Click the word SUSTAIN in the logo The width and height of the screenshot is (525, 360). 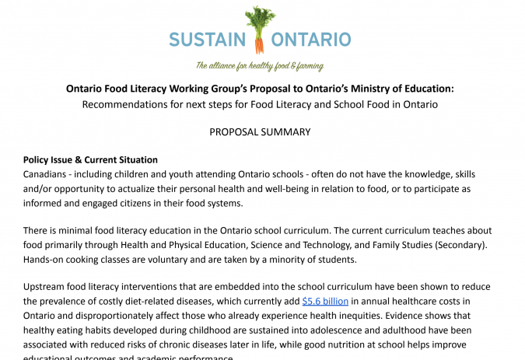click(x=206, y=39)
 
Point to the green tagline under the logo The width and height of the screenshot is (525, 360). click(x=259, y=66)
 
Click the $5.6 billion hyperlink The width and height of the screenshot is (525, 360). click(x=325, y=300)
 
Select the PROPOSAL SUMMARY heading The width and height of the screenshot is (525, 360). click(x=260, y=132)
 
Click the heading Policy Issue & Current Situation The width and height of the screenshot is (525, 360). click(x=90, y=159)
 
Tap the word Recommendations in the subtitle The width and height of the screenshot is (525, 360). click(x=125, y=104)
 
